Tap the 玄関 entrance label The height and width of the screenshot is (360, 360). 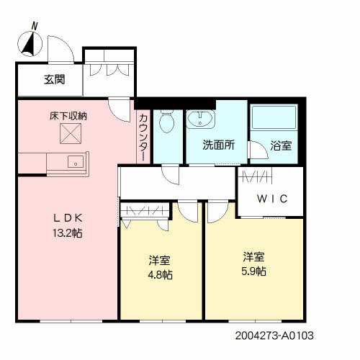coord(55,79)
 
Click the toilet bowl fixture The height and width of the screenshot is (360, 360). coord(167,122)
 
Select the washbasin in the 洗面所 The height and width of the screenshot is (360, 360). coord(199,118)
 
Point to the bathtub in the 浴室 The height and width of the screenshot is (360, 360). coord(274,117)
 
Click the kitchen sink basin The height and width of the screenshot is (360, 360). coord(76,161)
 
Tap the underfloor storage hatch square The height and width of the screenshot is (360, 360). coord(71,134)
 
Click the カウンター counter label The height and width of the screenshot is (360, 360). coord(143,138)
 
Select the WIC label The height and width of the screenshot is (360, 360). coord(272,199)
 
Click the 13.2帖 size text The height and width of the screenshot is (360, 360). coord(68,233)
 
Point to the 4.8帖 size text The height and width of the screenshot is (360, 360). coord(160,275)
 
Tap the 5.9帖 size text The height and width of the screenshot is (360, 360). coord(253,271)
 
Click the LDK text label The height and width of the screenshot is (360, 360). coord(68,218)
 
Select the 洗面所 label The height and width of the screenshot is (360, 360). coord(218,145)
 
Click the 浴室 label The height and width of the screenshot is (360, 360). coord(281,145)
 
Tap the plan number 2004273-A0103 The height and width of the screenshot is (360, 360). coord(274,336)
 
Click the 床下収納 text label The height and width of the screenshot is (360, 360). coord(68,117)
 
